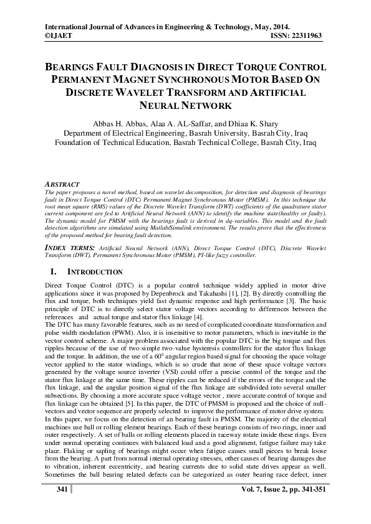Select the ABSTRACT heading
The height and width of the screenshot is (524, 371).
pos(62,185)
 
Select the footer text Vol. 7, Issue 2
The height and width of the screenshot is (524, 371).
pos(269,489)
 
